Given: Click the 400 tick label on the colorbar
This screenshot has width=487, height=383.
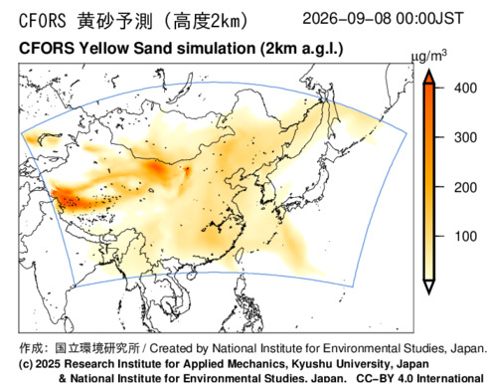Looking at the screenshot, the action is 465,89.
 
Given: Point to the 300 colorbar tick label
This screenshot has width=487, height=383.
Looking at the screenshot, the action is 465,137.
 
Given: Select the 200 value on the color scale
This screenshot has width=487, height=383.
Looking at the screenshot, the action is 465,188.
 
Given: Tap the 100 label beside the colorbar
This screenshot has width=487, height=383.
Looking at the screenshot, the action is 465,237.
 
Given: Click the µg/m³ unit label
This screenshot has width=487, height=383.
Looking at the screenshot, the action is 428,57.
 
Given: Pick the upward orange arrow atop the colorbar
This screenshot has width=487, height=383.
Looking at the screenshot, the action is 429,77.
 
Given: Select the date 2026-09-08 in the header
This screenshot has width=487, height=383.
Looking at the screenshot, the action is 347,19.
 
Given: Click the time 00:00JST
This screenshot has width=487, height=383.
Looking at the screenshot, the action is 429,19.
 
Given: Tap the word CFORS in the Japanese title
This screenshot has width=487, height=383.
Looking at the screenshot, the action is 43,21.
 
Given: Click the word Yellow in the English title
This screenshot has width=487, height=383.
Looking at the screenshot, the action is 103,49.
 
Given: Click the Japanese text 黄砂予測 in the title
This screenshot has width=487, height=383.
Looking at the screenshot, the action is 115,21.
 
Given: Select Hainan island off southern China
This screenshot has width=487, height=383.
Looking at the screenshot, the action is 193,276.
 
